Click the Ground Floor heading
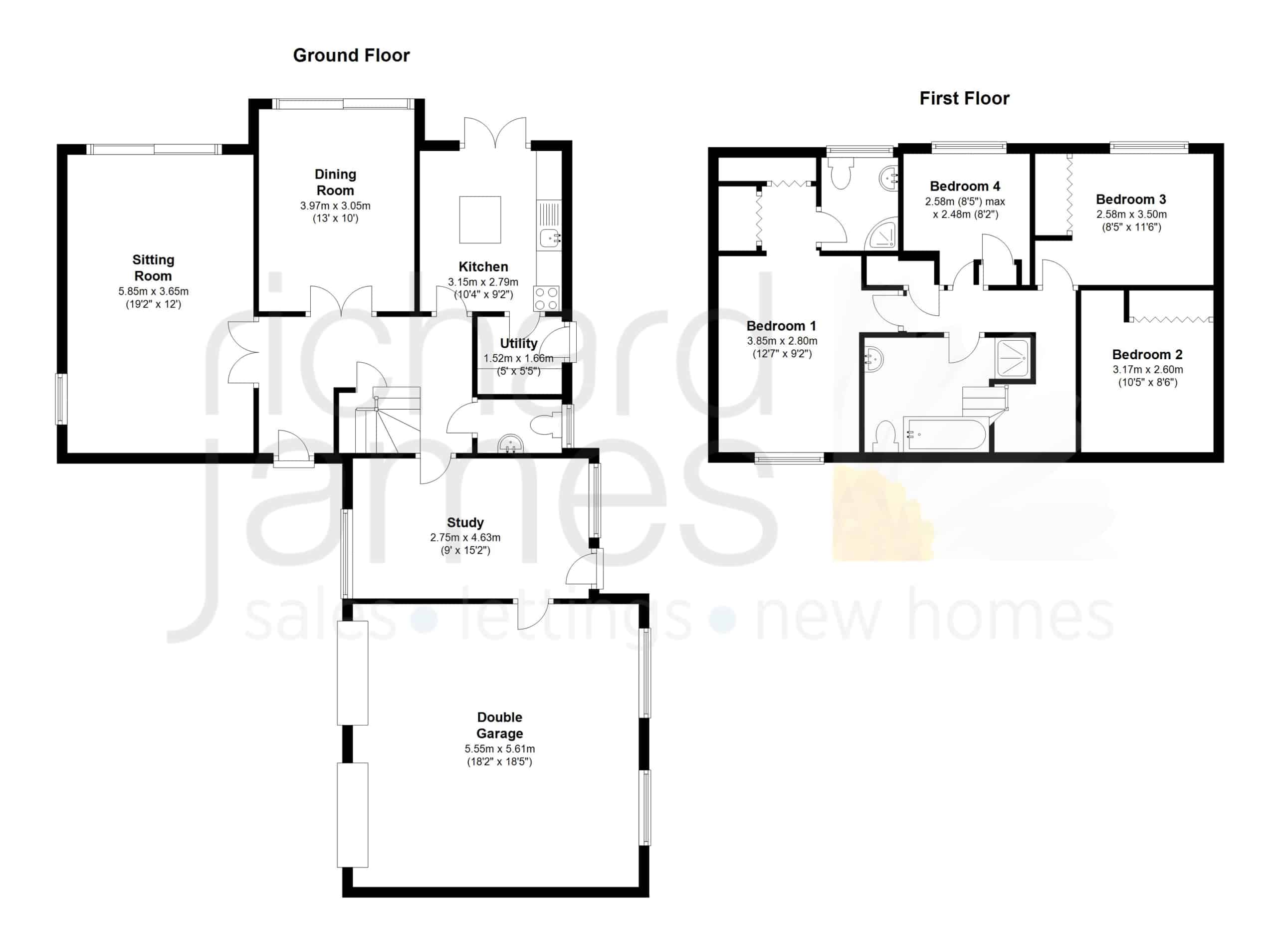351,55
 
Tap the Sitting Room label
153,268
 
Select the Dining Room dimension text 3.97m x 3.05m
335,206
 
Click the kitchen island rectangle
480,220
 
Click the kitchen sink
550,238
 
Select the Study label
465,522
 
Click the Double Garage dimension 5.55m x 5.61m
499,749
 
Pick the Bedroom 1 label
781,326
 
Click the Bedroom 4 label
965,187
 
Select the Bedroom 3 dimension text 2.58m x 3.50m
1131,215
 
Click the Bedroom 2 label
1147,355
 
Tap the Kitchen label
483,267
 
